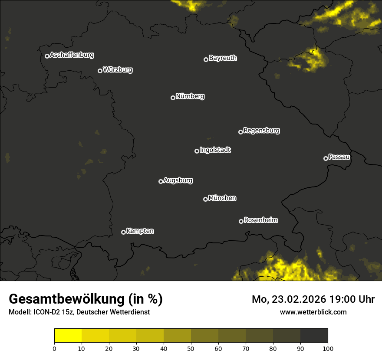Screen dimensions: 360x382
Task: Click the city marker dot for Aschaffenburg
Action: pyautogui.click(x=47, y=56)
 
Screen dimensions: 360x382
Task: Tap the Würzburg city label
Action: pyautogui.click(x=118, y=70)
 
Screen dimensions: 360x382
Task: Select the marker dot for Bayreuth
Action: pyautogui.click(x=206, y=59)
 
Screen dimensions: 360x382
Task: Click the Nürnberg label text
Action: pyautogui.click(x=190, y=96)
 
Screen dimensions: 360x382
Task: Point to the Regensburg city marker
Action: pyautogui.click(x=240, y=132)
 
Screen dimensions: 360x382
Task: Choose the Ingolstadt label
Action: pyautogui.click(x=215, y=150)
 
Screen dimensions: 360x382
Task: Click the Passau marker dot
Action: pyautogui.click(x=326, y=158)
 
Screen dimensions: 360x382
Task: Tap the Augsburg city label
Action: pyautogui.click(x=178, y=180)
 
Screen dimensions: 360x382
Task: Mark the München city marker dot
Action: pyautogui.click(x=205, y=199)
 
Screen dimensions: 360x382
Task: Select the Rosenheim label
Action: pyautogui.click(x=260, y=220)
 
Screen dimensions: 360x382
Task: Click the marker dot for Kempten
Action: pyautogui.click(x=123, y=232)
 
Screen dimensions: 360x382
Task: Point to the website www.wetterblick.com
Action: pyautogui.click(x=313, y=312)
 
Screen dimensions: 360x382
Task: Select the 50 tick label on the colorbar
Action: pyautogui.click(x=191, y=348)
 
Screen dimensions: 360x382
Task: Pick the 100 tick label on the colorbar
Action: pyautogui.click(x=328, y=348)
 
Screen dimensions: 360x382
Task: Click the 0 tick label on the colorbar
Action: pyautogui.click(x=54, y=348)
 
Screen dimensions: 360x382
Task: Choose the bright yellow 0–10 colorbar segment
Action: pyautogui.click(x=68, y=336)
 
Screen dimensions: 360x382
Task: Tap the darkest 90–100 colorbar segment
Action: pyautogui.click(x=314, y=336)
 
